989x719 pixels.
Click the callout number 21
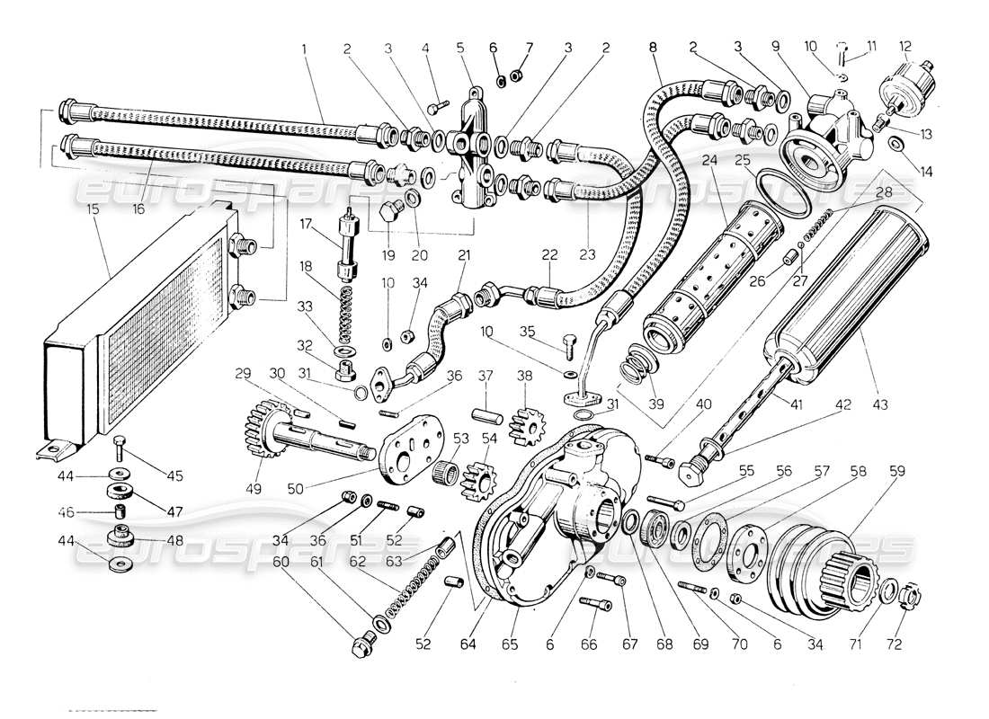(464, 255)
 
